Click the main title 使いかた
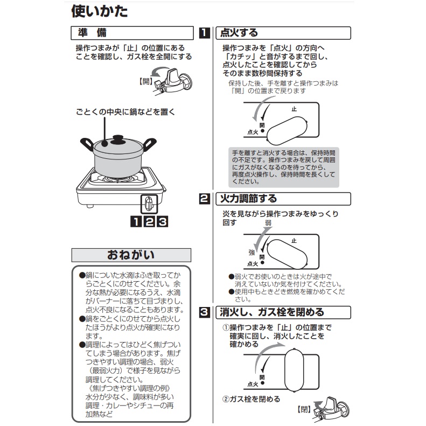(x=99, y=11)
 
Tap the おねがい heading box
(x=131, y=255)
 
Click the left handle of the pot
(x=87, y=144)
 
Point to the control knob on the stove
(x=149, y=204)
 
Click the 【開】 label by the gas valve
(x=145, y=81)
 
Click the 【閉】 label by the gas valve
(x=304, y=409)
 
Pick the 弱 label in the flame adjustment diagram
(x=268, y=223)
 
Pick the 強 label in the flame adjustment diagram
(x=252, y=253)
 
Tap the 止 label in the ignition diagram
(x=294, y=109)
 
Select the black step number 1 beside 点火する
(x=205, y=33)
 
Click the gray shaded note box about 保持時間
(x=284, y=167)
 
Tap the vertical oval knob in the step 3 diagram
(x=294, y=370)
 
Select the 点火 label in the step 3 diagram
(x=253, y=384)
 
